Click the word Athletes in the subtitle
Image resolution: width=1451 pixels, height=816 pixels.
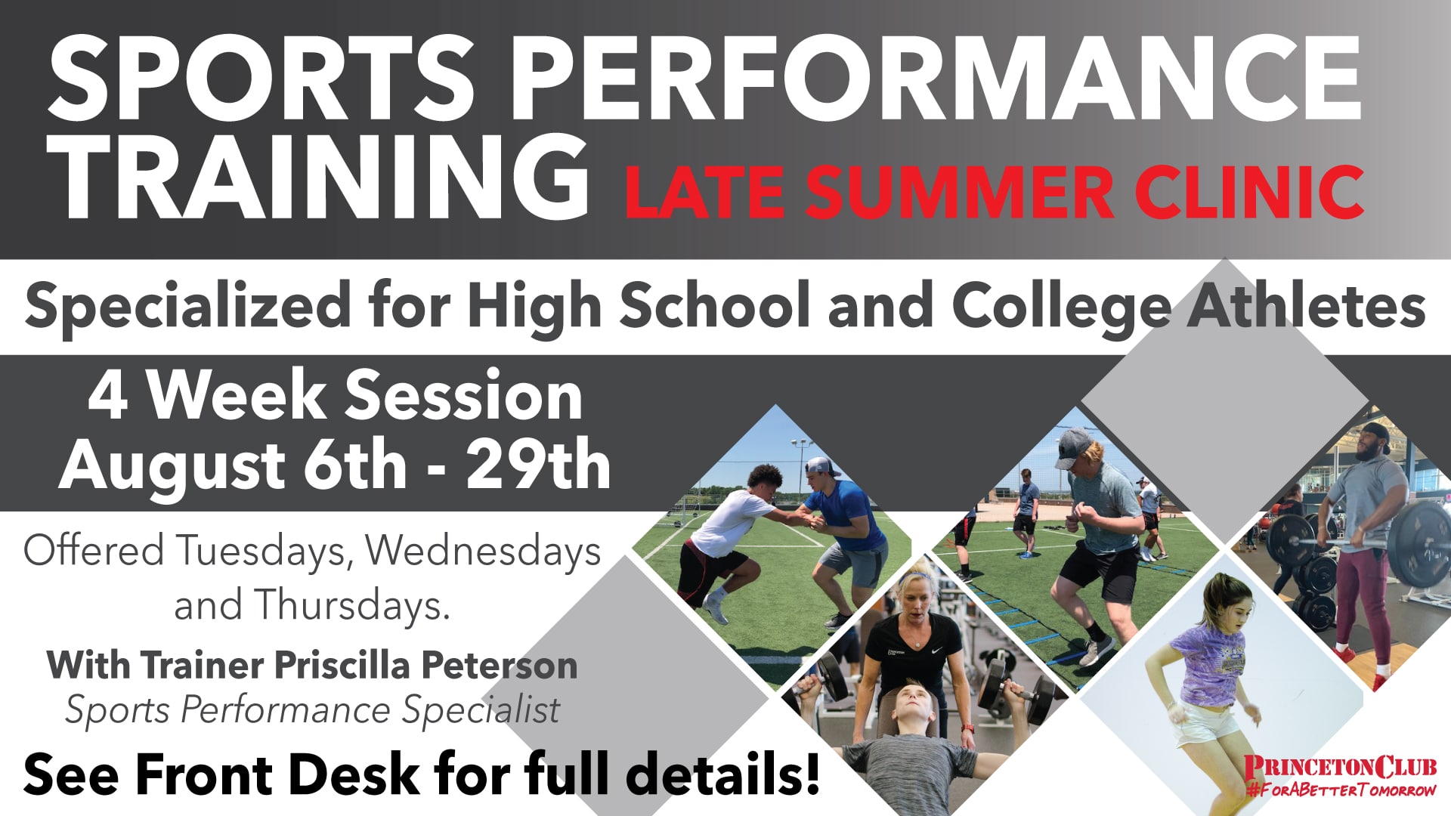pyautogui.click(x=1306, y=304)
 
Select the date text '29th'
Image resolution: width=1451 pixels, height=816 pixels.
pyautogui.click(x=538, y=465)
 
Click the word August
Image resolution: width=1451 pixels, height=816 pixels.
pyautogui.click(x=172, y=468)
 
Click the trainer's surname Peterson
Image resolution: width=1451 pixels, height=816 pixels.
pyautogui.click(x=499, y=665)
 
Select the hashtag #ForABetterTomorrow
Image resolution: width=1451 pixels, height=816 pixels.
pyautogui.click(x=1341, y=791)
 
